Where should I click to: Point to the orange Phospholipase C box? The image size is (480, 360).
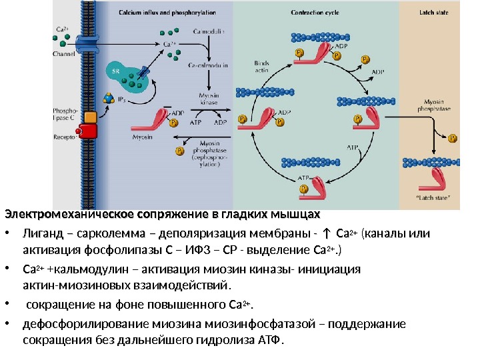tap(91, 117)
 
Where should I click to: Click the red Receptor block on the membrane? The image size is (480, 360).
tap(88, 133)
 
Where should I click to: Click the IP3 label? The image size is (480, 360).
tap(122, 99)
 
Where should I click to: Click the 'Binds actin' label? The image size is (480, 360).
tap(261, 65)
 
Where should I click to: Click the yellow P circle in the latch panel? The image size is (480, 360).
tap(453, 139)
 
